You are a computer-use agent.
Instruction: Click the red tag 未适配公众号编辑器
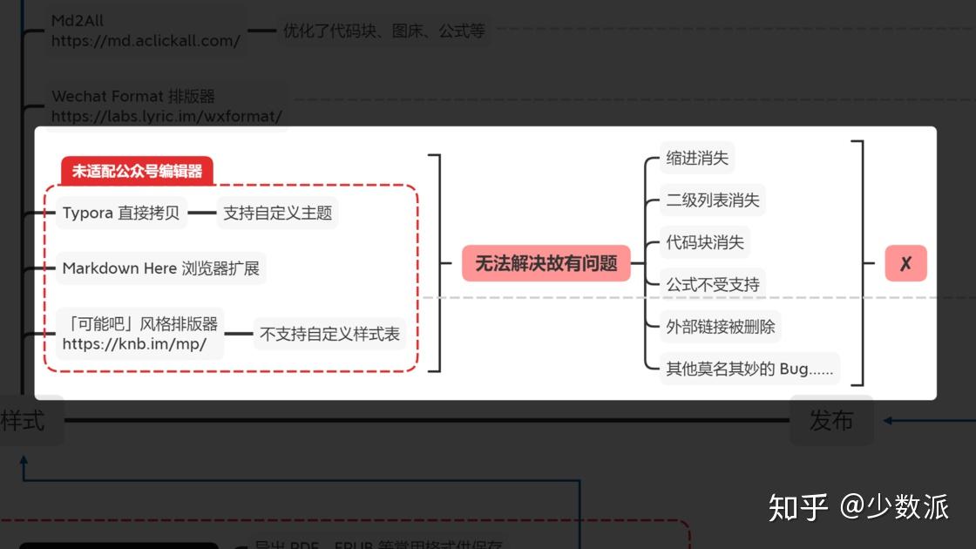point(137,172)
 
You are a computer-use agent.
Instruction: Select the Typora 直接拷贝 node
point(121,213)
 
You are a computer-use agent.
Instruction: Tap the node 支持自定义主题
point(277,213)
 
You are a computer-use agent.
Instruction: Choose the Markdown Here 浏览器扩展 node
point(161,268)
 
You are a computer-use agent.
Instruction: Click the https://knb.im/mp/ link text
point(134,344)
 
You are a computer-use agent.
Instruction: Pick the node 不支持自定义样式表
point(329,334)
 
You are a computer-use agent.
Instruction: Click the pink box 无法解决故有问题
point(546,263)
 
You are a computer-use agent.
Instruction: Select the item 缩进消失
point(697,159)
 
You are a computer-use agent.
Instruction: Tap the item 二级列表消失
point(713,200)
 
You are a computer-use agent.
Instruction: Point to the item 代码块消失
point(705,242)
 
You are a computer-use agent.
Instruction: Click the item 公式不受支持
point(713,284)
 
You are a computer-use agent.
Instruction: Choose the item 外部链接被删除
point(720,327)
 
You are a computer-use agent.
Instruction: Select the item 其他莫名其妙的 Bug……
point(749,369)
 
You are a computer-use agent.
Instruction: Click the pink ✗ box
point(905,263)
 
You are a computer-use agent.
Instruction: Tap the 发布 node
point(830,421)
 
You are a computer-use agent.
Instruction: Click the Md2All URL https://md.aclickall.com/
point(146,41)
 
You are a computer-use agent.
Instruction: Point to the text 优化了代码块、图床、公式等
point(383,31)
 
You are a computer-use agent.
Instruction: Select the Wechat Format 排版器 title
point(133,96)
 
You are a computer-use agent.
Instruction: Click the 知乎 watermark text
point(797,506)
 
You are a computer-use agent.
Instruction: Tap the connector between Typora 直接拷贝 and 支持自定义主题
point(201,213)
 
